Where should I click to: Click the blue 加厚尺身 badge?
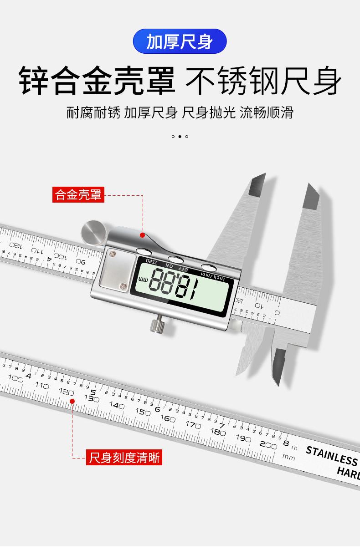coord(180,42)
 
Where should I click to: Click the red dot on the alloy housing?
coord(143,235)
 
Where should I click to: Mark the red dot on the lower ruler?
coord(72,401)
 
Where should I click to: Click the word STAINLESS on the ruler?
coord(331,456)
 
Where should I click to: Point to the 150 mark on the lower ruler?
coord(143,412)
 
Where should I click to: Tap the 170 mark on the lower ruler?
coord(193,424)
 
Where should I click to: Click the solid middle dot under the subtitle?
coord(180,136)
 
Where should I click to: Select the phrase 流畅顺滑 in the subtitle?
coord(267,112)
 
